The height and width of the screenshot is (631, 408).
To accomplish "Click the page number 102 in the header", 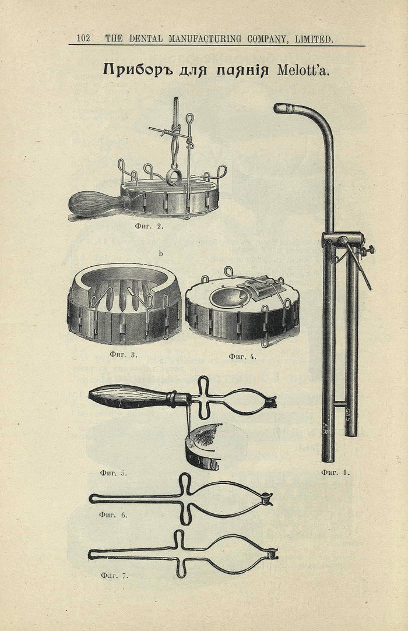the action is (x=83, y=38).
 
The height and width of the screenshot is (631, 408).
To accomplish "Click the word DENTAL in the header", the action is (x=146, y=38).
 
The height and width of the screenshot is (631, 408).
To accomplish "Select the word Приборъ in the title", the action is (x=138, y=69).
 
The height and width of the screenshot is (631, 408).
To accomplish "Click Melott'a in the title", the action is (x=304, y=69).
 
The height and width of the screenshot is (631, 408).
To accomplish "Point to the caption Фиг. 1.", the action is (x=336, y=473).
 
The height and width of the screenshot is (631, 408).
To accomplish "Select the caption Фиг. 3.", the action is (x=124, y=354).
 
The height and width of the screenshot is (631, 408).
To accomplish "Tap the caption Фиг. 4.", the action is (x=242, y=356).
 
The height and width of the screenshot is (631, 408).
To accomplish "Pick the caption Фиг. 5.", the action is (x=113, y=473).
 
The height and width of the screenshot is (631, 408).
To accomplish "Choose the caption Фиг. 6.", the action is (x=113, y=514).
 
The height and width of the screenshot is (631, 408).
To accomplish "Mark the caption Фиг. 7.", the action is (x=114, y=576).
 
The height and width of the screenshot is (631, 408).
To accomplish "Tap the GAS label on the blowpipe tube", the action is (x=349, y=413).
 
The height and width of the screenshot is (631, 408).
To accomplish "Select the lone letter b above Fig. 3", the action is (x=161, y=253).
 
